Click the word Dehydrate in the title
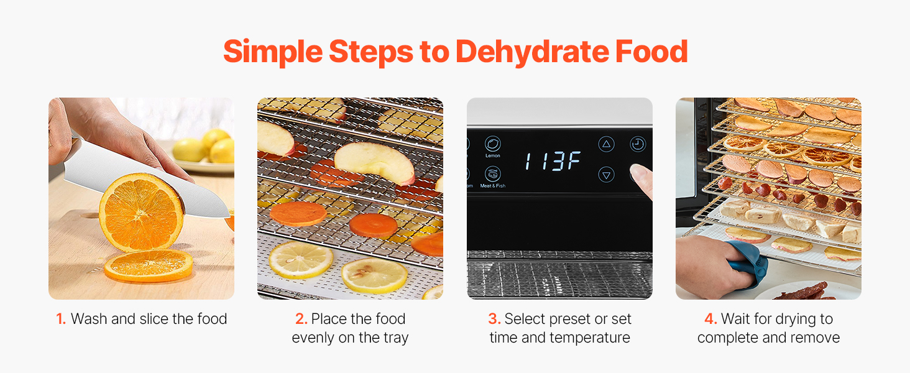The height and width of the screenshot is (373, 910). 532,52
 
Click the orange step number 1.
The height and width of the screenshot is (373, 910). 61,319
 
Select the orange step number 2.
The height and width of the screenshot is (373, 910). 301,319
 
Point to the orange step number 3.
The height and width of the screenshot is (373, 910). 494,319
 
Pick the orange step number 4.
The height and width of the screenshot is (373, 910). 710,319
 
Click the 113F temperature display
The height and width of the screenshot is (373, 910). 553,161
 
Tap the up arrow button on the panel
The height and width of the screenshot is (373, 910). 606,144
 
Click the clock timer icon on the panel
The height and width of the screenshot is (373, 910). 637,144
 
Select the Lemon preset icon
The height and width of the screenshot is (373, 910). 493,144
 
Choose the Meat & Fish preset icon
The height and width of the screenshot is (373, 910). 493,174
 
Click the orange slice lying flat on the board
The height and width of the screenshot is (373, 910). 149,265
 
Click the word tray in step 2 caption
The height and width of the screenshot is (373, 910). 396,338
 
